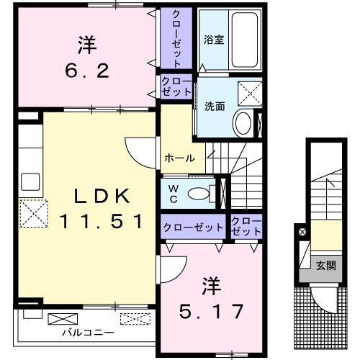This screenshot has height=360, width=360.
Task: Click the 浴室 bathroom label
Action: click(213, 40)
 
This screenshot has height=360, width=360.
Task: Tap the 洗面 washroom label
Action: click(215, 106)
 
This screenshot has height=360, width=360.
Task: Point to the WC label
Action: click(174, 193)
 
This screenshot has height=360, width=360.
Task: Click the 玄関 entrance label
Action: click(325, 266)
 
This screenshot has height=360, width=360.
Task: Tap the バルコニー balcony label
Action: click(81, 333)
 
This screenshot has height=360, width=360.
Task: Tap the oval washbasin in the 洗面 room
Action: click(243, 123)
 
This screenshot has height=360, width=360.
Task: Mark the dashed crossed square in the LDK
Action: click(31, 212)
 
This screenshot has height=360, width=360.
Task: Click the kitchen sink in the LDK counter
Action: click(30, 181)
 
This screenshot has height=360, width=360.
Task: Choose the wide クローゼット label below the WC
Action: click(194, 228)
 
